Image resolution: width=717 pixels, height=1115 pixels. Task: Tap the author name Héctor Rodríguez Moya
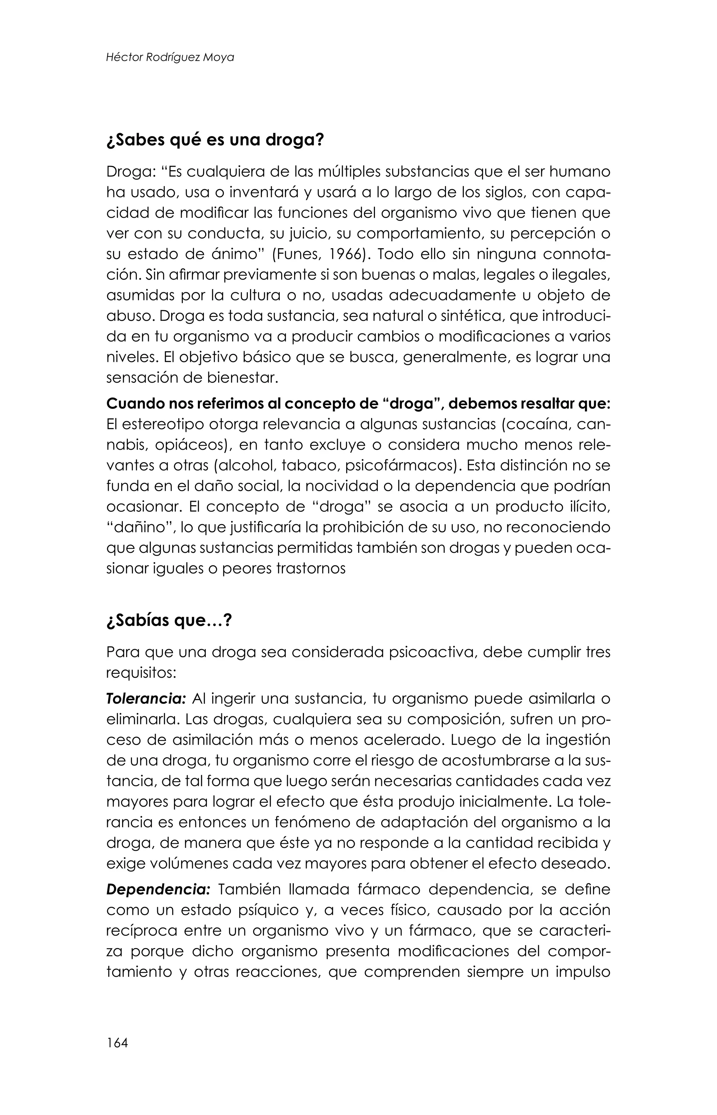tap(170, 57)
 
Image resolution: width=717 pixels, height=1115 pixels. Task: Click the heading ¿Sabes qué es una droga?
tap(215, 140)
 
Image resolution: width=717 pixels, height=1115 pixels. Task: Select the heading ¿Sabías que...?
tap(168, 621)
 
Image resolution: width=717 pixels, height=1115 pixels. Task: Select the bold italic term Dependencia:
tap(158, 889)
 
